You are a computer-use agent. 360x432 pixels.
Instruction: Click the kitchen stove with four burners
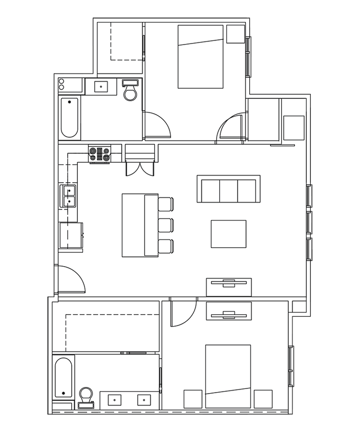click(100, 154)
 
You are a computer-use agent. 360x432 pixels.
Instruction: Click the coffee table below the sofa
click(228, 234)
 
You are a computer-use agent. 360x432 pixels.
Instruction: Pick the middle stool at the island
click(165, 225)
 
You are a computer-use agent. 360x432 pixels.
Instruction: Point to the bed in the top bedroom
click(201, 56)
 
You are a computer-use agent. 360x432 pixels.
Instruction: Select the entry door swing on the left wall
click(71, 280)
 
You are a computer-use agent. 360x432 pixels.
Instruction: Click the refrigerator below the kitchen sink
click(71, 235)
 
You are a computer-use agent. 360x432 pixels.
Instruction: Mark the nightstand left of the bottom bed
click(193, 399)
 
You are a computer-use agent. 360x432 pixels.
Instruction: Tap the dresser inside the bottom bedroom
click(228, 311)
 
